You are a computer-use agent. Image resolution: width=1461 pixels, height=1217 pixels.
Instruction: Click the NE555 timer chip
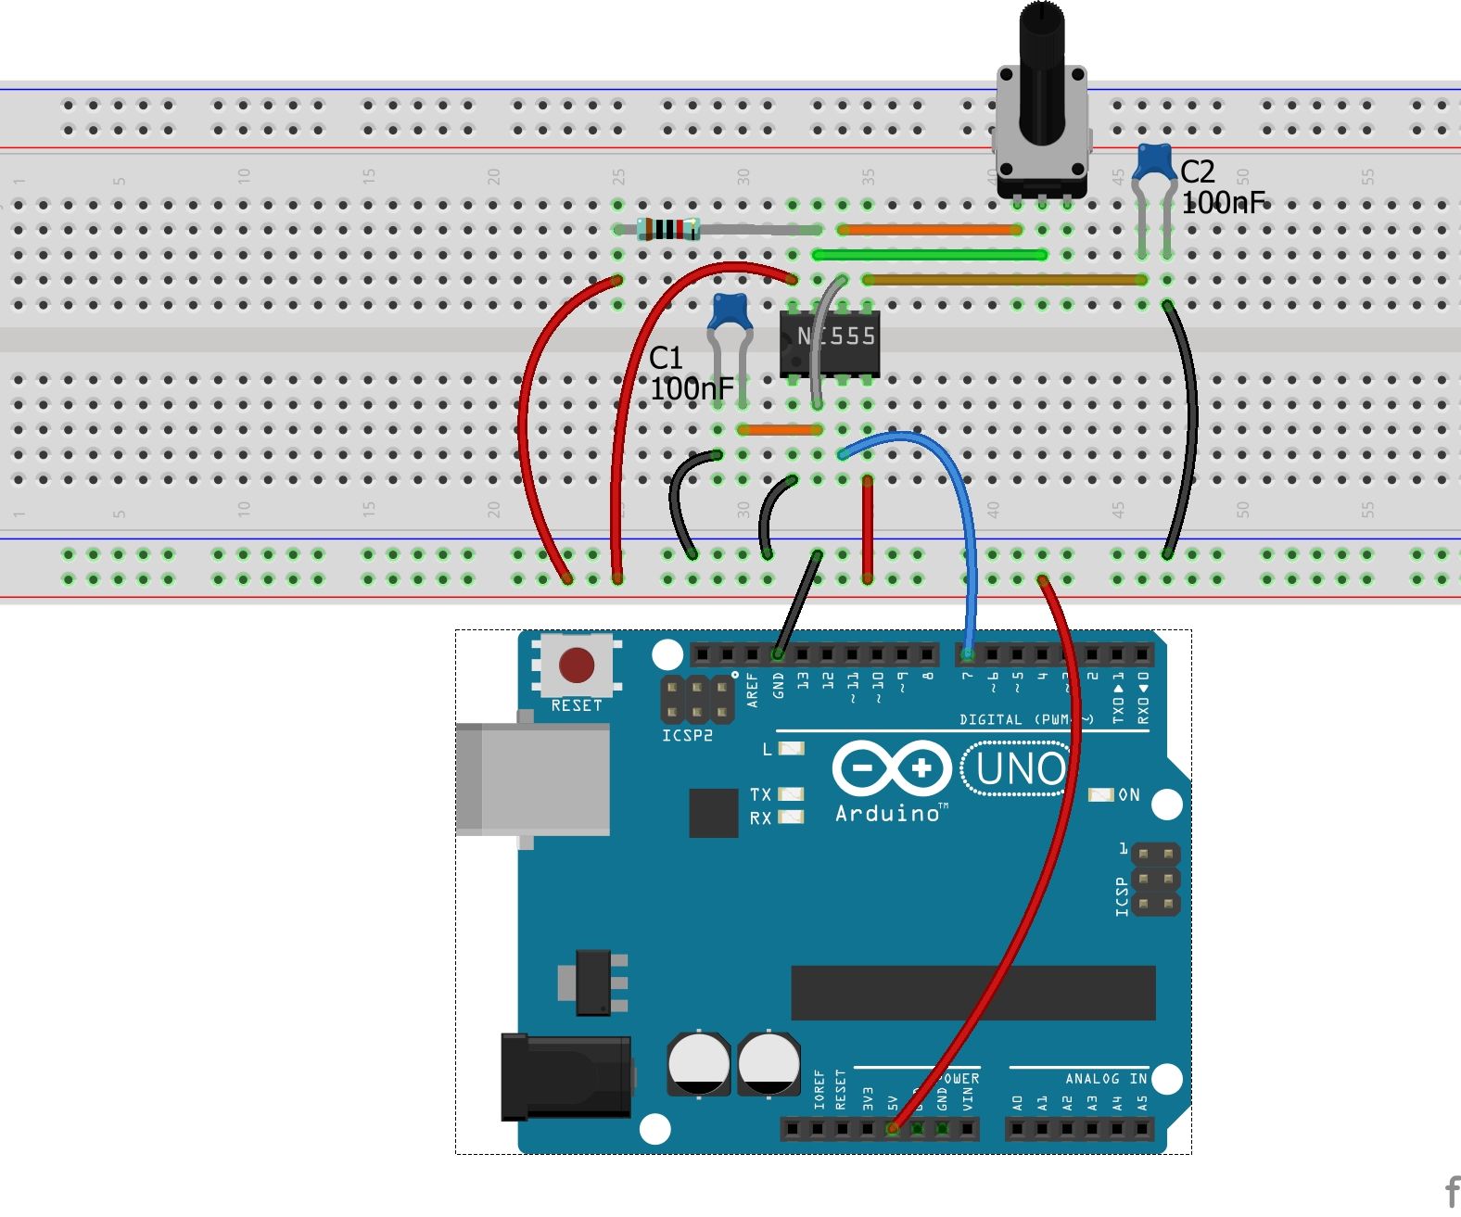829,344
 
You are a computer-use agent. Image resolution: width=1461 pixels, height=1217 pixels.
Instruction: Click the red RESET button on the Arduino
576,665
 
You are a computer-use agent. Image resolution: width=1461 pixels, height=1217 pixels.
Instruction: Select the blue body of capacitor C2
1154,162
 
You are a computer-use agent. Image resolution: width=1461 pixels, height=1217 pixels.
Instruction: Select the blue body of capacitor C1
729,311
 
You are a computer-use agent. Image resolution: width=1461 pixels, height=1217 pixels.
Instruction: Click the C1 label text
666,358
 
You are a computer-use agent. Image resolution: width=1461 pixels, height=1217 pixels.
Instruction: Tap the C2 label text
1197,171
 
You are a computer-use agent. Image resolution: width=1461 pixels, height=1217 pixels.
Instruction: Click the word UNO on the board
1020,769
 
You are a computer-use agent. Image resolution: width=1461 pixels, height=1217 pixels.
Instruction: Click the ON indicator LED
1100,795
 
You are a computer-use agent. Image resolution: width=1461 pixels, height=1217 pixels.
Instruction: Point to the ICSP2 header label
687,736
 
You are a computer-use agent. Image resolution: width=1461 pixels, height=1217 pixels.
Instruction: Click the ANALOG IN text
1105,1079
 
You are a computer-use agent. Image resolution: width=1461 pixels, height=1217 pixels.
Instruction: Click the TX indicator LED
791,794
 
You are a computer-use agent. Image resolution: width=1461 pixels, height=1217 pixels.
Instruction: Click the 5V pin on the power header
893,1128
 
